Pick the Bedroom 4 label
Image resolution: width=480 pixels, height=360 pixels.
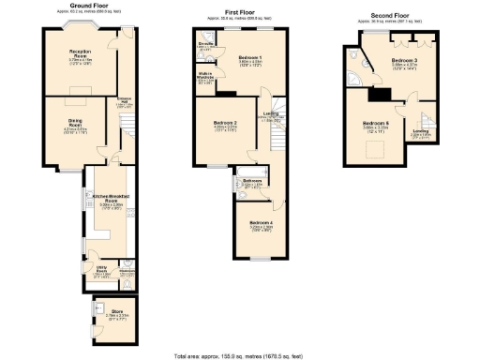(x=261, y=223)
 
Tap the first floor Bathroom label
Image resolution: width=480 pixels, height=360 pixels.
(x=251, y=181)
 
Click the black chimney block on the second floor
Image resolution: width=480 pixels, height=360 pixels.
(x=380, y=94)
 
